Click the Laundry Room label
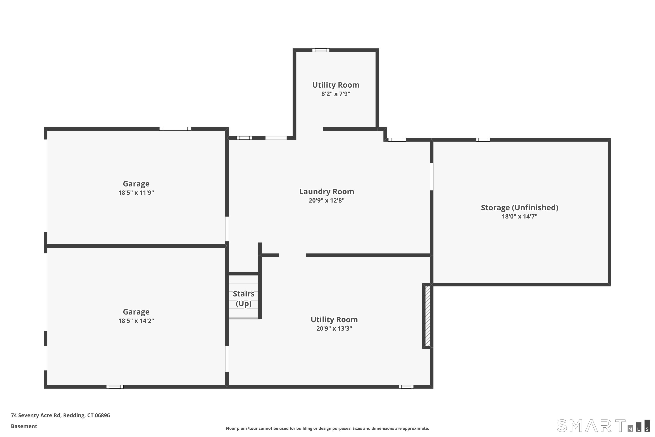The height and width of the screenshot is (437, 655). pos(326,192)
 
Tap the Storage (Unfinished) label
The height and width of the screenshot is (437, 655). pos(519,208)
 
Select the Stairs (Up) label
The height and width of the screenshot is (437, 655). pos(244,298)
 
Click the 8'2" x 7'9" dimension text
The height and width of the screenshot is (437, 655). pos(336,94)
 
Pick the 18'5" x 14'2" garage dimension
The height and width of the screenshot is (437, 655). pos(136,321)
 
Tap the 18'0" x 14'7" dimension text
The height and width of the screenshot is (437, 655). pos(519,217)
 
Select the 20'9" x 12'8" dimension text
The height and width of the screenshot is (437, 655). pos(326,201)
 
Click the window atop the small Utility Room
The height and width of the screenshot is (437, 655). pos(321,50)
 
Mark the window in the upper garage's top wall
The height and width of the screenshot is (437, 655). pos(175,129)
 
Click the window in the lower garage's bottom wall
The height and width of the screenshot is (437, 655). pos(115,387)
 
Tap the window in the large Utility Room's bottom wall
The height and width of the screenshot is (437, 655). pos(406,387)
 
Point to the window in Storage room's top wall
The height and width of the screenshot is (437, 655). pos(483,140)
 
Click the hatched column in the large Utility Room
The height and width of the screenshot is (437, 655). pos(427,316)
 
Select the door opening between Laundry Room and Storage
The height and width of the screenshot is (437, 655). pos(431,177)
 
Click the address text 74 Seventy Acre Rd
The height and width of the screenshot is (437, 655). pos(60,415)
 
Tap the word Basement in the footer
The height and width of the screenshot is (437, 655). pos(24,426)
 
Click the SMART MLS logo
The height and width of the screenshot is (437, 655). pos(603,426)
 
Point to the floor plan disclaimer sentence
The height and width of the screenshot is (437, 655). pos(327,428)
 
